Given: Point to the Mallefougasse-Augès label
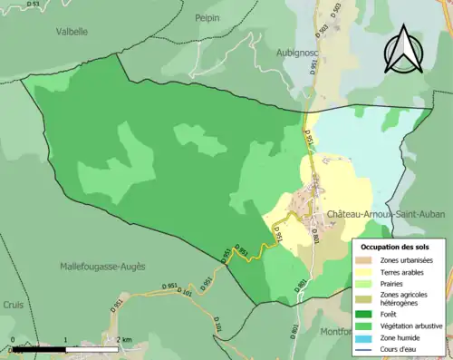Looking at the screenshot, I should (102, 266).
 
